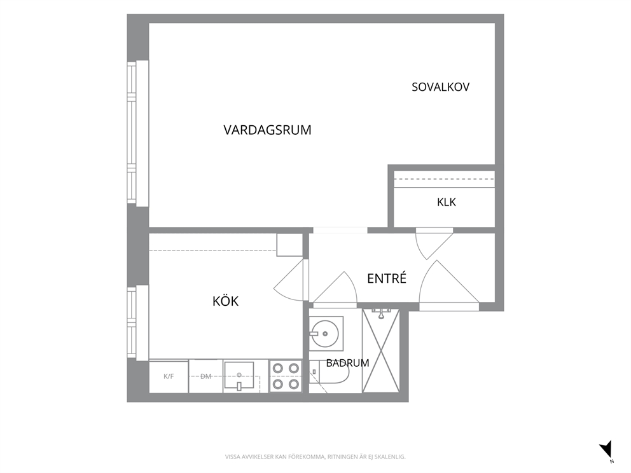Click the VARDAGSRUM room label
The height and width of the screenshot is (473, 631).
pos(267,130)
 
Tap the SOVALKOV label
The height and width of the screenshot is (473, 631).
pos(440,87)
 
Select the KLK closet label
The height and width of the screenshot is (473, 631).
pos(447,202)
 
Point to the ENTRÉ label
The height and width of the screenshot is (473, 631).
pos(387,278)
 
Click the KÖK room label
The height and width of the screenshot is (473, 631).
pos(225,301)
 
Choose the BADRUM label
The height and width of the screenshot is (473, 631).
pos(347,363)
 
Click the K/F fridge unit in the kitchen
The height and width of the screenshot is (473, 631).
pos(169,376)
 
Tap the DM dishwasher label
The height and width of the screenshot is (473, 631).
pos(205,376)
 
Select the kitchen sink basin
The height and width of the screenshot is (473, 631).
pos(239,375)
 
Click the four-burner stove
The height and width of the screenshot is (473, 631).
pos(286,376)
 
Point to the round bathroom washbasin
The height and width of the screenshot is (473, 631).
pos(324,333)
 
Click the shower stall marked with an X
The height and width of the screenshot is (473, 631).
pos(380,350)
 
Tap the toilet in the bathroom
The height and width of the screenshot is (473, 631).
pos(329,377)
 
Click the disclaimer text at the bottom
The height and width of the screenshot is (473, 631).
pos(315,457)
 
